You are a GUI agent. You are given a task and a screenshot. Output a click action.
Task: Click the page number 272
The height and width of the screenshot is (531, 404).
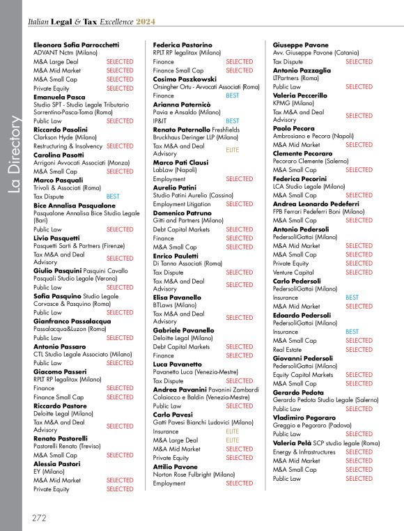click(x=40, y=518)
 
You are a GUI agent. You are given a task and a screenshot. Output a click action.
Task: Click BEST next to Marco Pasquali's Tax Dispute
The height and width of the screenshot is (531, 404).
click(x=113, y=197)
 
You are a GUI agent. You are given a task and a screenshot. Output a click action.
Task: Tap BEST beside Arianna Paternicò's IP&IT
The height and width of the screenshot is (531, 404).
click(x=232, y=121)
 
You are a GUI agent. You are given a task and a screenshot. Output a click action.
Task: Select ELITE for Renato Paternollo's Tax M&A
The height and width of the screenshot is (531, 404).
click(x=232, y=150)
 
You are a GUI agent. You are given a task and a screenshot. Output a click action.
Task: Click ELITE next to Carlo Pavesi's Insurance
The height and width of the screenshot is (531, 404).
click(x=232, y=431)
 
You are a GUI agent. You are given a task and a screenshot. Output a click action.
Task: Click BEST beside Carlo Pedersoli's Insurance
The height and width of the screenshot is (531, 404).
click(x=352, y=298)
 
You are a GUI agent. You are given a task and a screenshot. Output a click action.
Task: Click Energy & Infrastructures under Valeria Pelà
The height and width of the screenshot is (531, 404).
click(x=304, y=452)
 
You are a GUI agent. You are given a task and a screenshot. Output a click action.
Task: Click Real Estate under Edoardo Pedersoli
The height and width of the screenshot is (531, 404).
click(x=288, y=349)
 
